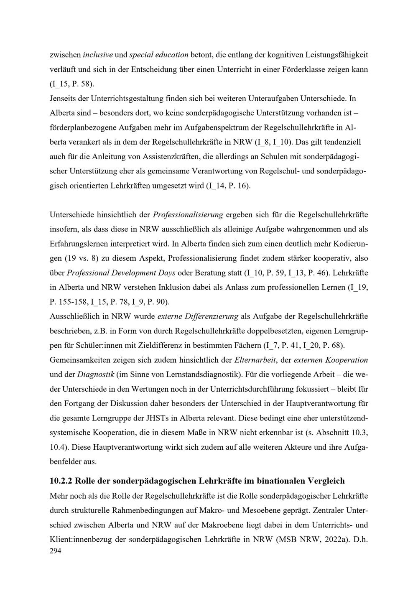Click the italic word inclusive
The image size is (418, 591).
[97, 55]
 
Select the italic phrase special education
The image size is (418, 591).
[159, 55]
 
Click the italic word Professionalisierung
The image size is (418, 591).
[188, 215]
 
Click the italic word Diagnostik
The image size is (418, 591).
[97, 374]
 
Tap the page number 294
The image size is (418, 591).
[56, 551]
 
